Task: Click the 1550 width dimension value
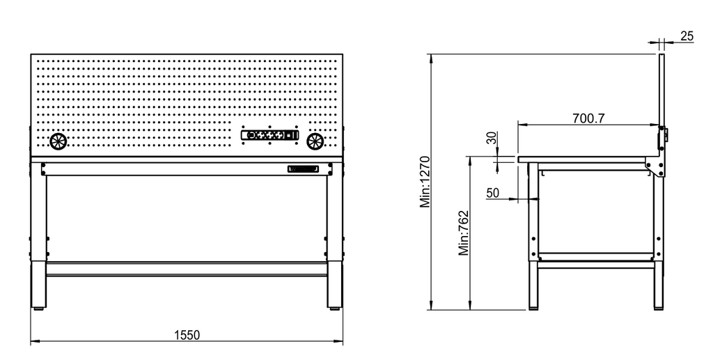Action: point(187,335)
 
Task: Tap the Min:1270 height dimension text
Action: point(425,182)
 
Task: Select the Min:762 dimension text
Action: point(463,233)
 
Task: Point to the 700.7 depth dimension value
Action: point(588,118)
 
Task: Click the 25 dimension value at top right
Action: point(687,36)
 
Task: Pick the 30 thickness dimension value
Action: point(492,138)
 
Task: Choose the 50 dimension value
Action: point(492,193)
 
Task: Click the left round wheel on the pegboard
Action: point(58,141)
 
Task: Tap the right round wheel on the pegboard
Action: point(315,141)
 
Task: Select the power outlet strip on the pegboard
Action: point(270,135)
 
